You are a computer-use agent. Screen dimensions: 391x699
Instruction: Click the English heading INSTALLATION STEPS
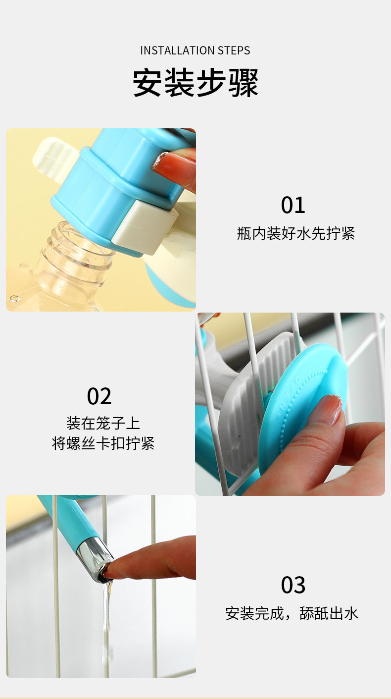tap(195, 51)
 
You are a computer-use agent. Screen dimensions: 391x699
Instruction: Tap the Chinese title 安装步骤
tap(195, 83)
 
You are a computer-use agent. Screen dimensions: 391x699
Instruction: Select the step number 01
tap(293, 205)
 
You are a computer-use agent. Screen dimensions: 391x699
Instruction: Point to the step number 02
tap(99, 396)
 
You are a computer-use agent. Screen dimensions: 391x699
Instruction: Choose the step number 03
tap(293, 585)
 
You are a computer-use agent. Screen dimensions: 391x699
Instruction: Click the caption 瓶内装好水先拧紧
tap(296, 233)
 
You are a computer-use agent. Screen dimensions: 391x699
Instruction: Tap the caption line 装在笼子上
tap(103, 423)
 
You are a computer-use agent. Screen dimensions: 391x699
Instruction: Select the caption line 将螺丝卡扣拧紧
tap(103, 443)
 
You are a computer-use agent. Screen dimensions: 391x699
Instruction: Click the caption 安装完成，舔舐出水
tap(292, 613)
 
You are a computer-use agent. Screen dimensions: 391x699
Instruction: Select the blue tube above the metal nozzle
tap(67, 518)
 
